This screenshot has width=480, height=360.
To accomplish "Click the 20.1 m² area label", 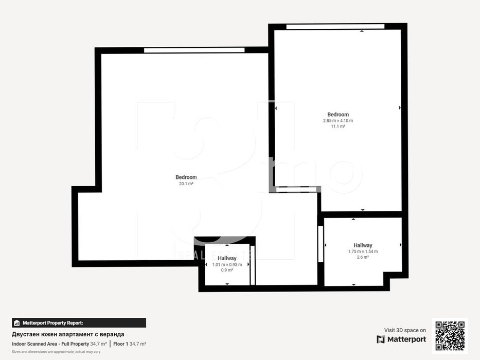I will [186, 183].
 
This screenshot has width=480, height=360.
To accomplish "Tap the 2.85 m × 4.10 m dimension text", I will [338, 120].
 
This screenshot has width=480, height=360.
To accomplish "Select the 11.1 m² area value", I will [338, 126].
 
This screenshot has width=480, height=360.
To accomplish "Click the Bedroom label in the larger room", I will [186, 177].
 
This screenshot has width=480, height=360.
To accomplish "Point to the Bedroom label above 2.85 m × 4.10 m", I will [338, 115].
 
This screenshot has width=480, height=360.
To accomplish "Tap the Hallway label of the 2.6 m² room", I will [363, 245].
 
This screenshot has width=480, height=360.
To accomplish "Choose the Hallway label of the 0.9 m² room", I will [227, 258].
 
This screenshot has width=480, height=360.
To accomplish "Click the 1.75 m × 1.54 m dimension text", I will [363, 251].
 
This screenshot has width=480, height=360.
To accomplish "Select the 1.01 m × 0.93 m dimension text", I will [227, 264].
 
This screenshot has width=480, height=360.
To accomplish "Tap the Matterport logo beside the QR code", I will [401, 339].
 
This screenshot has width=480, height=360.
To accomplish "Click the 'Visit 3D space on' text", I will [405, 330].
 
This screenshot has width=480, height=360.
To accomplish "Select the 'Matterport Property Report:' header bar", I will [79, 323].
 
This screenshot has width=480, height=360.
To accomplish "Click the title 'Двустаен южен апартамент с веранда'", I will [68, 334].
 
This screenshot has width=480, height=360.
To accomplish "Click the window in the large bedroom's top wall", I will [194, 50].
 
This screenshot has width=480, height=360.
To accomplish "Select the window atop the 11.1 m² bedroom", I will [335, 26].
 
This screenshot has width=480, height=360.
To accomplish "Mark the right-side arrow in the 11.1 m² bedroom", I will [400, 108].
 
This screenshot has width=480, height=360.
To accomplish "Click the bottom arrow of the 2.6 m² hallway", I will [353, 284].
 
